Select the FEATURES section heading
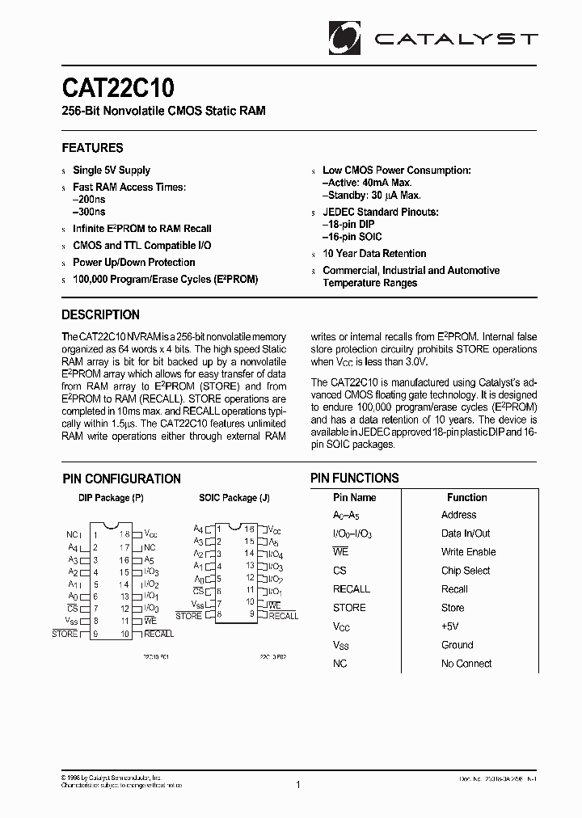pos(93,148)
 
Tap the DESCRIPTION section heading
pos(101,314)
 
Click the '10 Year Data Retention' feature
pos(374,254)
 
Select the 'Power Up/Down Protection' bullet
pos(133,263)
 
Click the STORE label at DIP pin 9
pos(65,634)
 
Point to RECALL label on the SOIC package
pos(283,616)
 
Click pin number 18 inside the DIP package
pos(124,533)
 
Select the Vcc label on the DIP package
pos(150,533)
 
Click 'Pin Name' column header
pos(354,497)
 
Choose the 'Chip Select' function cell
pos(466,571)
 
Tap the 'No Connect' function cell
pos(466,664)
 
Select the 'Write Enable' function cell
pos(469,552)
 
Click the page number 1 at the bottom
pos(298,784)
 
